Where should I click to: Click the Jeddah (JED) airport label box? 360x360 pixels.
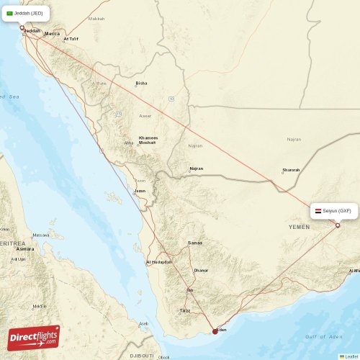(x=27, y=13)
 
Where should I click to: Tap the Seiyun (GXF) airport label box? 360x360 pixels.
(x=332, y=211)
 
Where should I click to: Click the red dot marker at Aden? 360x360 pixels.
(x=215, y=332)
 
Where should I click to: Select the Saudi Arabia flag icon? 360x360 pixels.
(x=10, y=13)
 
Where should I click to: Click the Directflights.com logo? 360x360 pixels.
(x=34, y=337)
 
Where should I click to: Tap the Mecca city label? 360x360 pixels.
(x=52, y=34)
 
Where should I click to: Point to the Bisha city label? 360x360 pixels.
(x=141, y=84)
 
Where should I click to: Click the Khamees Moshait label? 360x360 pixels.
(x=148, y=140)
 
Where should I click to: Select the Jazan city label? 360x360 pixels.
(x=140, y=191)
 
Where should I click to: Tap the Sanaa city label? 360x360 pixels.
(x=194, y=243)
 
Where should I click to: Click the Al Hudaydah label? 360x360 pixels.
(x=159, y=262)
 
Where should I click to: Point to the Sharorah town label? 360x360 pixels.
(x=291, y=171)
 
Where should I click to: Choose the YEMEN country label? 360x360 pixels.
(x=299, y=226)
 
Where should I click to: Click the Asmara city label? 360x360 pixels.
(x=25, y=249)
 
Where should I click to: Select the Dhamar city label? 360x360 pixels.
(x=201, y=270)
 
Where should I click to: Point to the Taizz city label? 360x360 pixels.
(x=184, y=311)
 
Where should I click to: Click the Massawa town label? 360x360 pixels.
(x=41, y=235)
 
